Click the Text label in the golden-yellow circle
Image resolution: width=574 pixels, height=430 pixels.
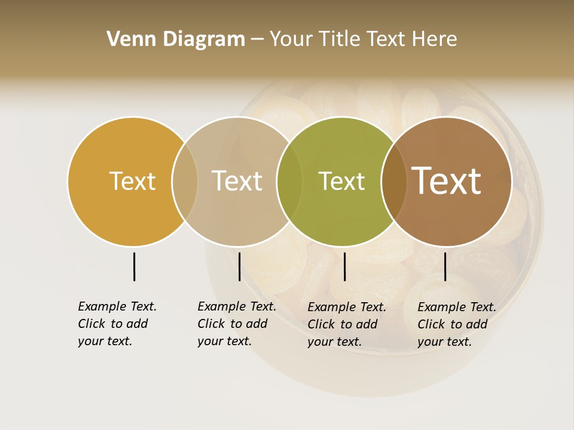132,181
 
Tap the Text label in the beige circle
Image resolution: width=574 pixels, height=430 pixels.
237,181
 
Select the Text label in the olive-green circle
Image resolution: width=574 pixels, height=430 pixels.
341,181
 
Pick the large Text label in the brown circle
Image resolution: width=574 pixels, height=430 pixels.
447,181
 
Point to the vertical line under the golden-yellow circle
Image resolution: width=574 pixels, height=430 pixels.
134,266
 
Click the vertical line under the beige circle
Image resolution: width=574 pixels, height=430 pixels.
239,266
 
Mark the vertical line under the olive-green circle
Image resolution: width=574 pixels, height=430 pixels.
344,266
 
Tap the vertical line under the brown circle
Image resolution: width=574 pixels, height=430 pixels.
445,266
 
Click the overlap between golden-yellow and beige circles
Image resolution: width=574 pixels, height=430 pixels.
185,181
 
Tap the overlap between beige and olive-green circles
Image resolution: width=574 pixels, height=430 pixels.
289,181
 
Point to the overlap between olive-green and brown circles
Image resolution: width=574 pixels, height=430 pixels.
393,181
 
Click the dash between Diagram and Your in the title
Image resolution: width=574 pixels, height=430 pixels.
257,39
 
